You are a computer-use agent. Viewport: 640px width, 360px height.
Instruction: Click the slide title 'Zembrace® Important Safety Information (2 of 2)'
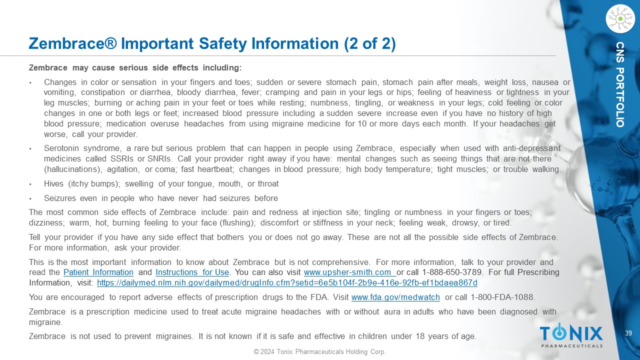212,43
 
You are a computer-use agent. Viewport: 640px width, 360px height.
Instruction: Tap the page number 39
629,333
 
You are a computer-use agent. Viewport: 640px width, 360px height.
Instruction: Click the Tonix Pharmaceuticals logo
571,335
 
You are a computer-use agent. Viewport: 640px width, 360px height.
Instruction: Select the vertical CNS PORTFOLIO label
620,84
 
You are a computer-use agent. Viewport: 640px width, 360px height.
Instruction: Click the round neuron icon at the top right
620,19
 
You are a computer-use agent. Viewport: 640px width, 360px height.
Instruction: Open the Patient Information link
98,272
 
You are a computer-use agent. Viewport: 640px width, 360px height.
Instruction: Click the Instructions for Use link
192,272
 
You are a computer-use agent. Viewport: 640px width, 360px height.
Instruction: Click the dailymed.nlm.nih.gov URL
287,283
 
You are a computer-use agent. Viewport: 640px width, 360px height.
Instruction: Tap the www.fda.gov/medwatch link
395,297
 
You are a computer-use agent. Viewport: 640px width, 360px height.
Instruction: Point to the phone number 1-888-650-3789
452,272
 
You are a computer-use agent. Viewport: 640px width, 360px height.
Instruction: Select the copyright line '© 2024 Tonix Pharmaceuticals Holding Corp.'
319,352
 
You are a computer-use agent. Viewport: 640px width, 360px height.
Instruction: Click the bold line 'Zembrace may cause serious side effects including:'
135,67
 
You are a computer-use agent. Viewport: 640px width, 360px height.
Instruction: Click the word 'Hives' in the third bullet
54,184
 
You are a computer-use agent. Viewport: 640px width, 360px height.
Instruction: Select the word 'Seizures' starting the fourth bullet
60,198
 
